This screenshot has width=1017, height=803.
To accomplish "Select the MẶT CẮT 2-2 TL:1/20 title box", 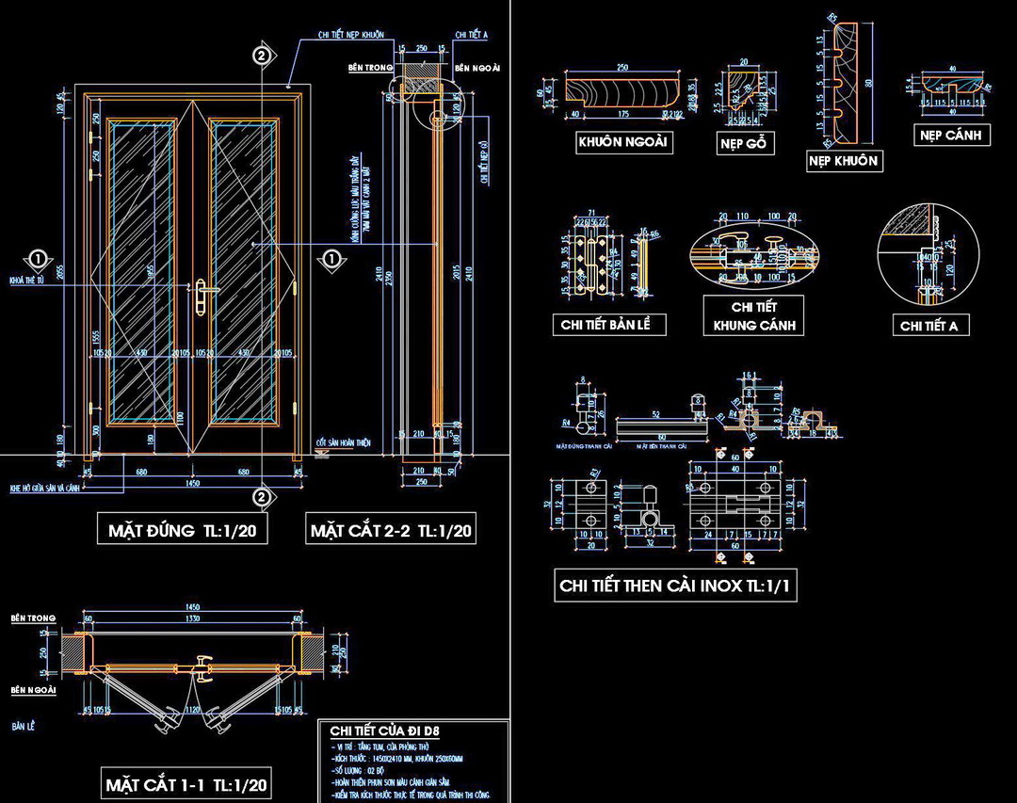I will tap(392, 530).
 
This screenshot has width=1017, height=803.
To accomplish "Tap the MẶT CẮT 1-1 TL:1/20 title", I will tap(187, 783).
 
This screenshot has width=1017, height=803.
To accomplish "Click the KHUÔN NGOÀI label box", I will tap(623, 142).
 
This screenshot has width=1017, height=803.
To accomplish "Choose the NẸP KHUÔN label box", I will tap(843, 161).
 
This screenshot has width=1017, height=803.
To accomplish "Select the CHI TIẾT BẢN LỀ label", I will tap(609, 325).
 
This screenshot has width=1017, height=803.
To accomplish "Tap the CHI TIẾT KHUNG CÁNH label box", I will tap(753, 316).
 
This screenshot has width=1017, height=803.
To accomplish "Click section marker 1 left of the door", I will tap(37, 258).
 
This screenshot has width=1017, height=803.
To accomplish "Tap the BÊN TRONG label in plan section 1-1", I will tap(33, 618).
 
